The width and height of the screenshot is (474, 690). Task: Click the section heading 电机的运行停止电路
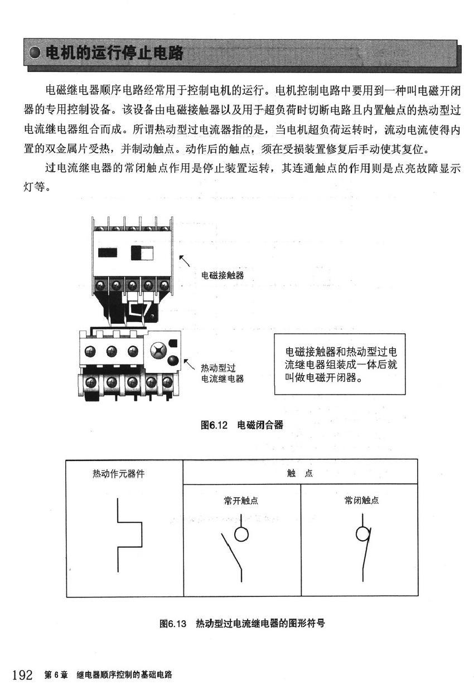tap(114, 54)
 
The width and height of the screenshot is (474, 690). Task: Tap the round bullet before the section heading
tap(36, 54)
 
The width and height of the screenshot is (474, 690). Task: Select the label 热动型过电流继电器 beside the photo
tap(222, 373)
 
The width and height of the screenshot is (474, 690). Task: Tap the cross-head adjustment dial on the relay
tap(158, 351)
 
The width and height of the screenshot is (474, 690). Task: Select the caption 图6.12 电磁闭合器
tap(241, 425)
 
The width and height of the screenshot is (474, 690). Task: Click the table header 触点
tap(300, 474)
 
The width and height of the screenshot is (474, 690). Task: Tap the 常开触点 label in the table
tap(241, 501)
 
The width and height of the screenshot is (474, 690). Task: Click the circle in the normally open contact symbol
tap(241, 534)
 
